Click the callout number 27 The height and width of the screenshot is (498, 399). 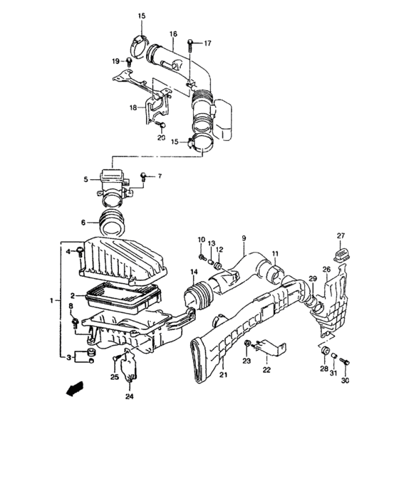click(341, 236)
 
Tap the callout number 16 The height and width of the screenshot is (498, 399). click(173, 33)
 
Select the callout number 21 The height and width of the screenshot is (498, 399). click(222, 375)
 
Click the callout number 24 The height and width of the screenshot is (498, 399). click(130, 397)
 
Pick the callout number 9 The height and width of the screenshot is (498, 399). click(243, 238)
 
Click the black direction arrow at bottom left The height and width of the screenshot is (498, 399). click(71, 390)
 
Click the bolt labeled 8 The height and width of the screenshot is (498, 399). click(74, 324)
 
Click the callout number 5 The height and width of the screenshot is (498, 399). click(85, 179)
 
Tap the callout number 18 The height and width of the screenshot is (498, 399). click(133, 107)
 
